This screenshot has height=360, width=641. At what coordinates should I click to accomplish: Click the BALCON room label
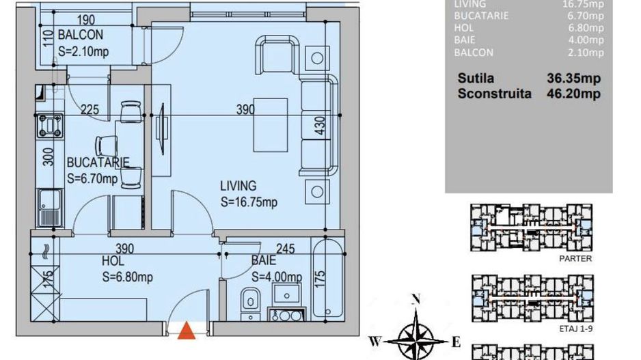(80, 35)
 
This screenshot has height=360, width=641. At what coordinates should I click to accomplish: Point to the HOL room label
(112, 260)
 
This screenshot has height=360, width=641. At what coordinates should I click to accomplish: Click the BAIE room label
(263, 260)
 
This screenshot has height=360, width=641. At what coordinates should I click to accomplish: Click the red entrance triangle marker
(186, 332)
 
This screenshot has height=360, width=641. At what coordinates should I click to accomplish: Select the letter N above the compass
(414, 299)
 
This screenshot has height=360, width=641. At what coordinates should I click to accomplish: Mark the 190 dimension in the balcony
(85, 20)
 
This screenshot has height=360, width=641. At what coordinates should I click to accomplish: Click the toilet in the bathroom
(249, 301)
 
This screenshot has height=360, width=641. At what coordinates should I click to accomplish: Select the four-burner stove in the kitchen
(49, 126)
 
